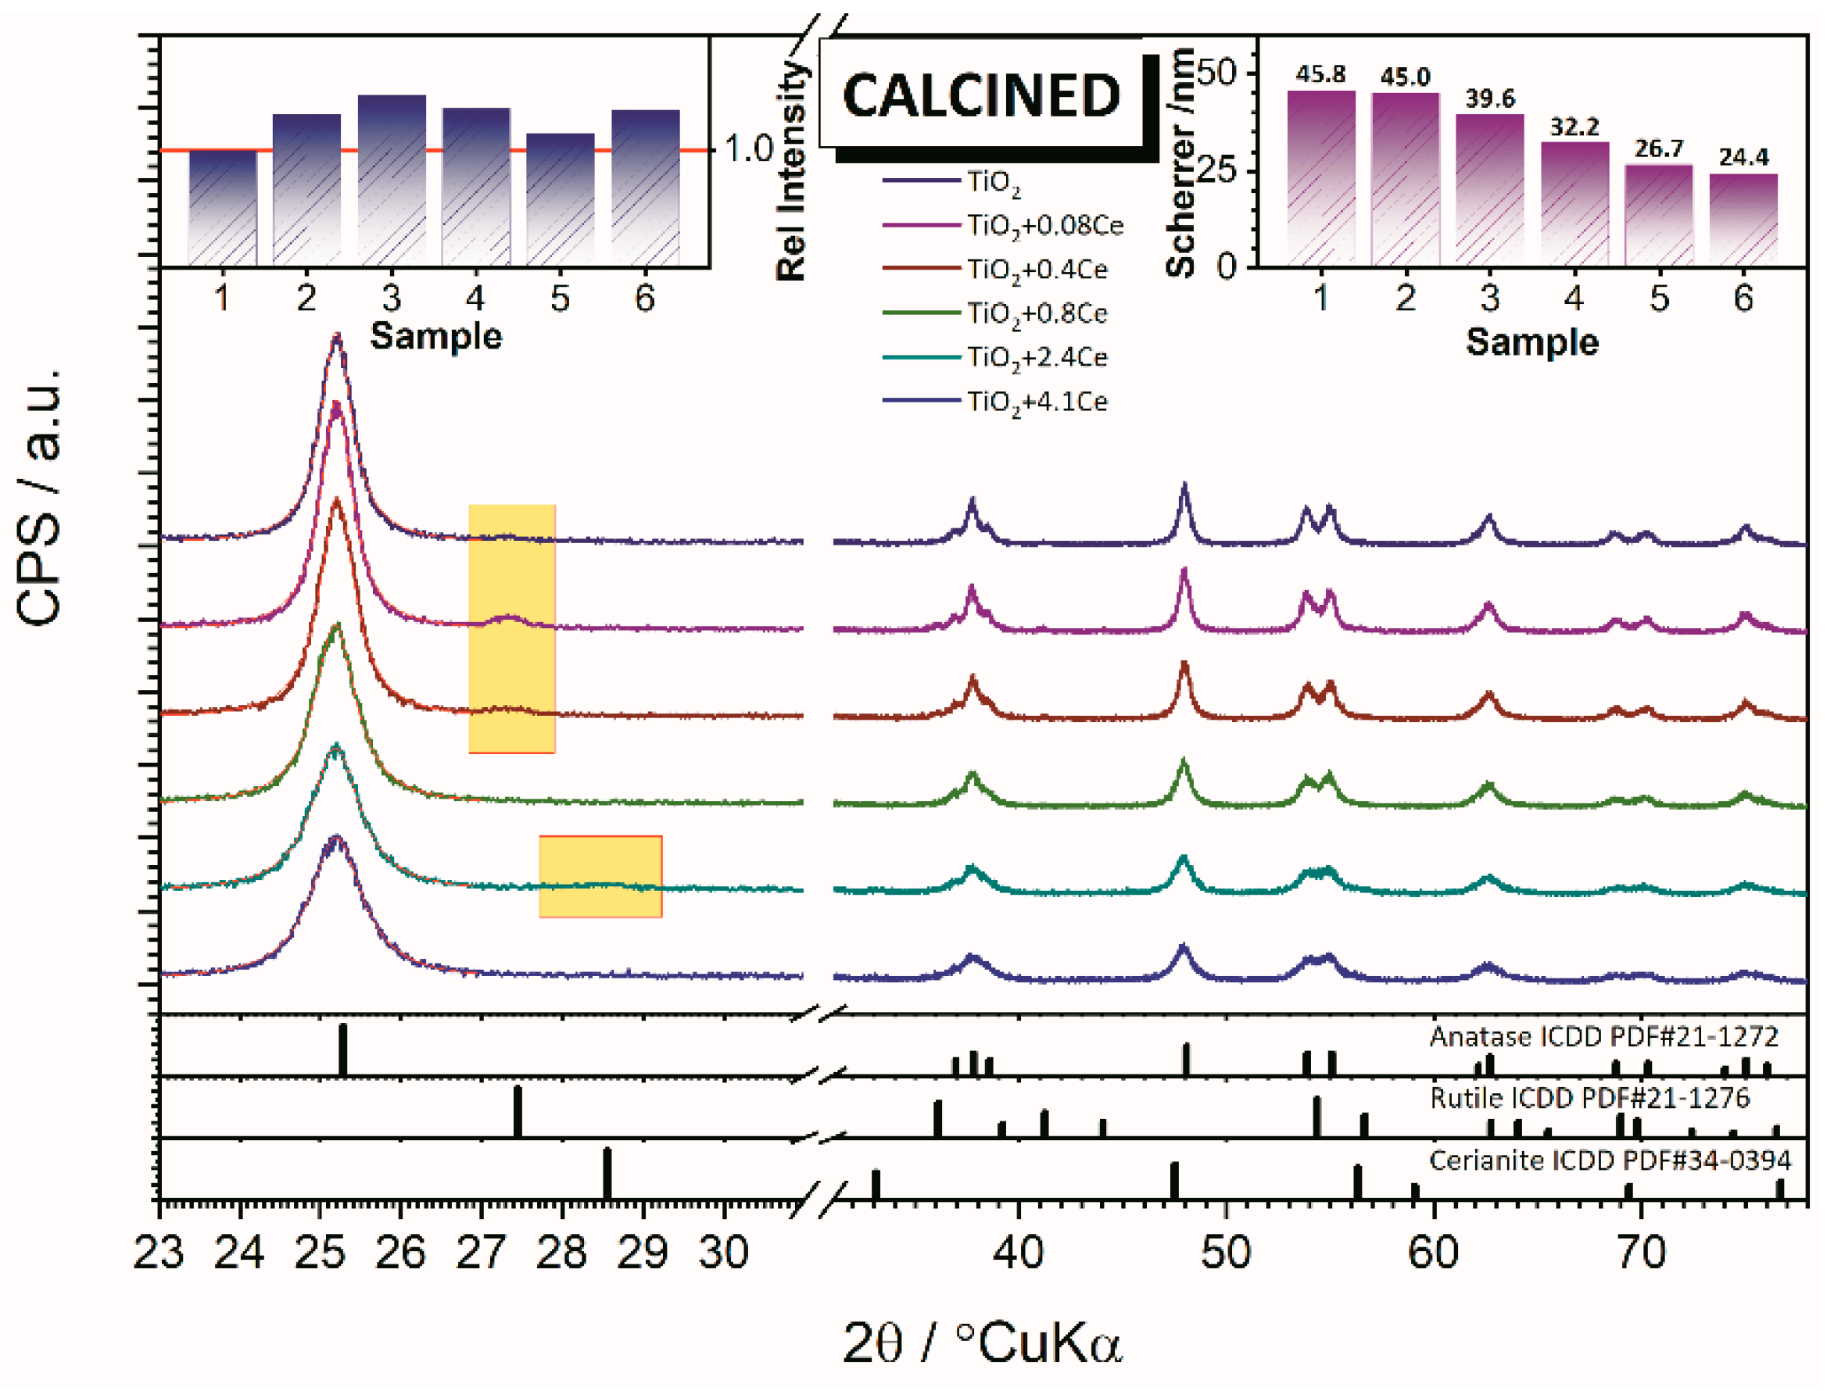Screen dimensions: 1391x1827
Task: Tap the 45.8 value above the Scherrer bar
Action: click(1320, 74)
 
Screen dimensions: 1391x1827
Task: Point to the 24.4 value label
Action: click(1743, 156)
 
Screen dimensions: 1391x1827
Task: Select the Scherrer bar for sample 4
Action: click(1574, 204)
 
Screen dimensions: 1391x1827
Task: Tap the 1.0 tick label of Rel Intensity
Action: click(748, 149)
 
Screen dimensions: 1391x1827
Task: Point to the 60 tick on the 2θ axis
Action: click(1433, 1253)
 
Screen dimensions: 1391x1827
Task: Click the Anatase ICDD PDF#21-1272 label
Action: click(1603, 1037)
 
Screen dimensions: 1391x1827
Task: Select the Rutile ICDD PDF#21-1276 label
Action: click(1589, 1098)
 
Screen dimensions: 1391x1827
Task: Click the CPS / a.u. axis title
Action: click(39, 497)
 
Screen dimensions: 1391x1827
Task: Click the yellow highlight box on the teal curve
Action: click(600, 876)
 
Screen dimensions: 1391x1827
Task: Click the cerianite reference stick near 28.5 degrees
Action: click(607, 1173)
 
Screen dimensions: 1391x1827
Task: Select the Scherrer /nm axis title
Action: click(1181, 162)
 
